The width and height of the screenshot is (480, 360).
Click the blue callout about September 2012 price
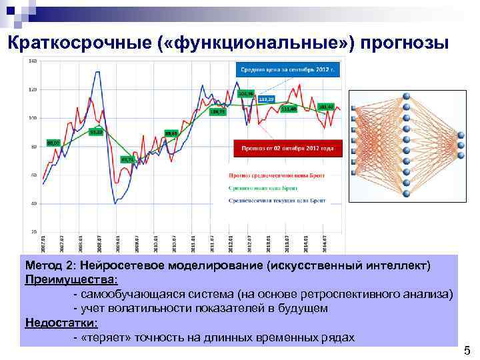tap(287, 69)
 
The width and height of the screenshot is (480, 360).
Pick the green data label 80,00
tap(53, 143)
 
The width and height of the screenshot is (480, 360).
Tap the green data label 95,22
tap(96, 132)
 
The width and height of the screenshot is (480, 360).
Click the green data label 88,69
tap(171, 133)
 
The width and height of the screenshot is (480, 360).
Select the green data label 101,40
tap(325, 107)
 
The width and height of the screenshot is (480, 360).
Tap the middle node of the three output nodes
tap(459, 143)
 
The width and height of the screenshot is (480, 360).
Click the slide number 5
tap(467, 351)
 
